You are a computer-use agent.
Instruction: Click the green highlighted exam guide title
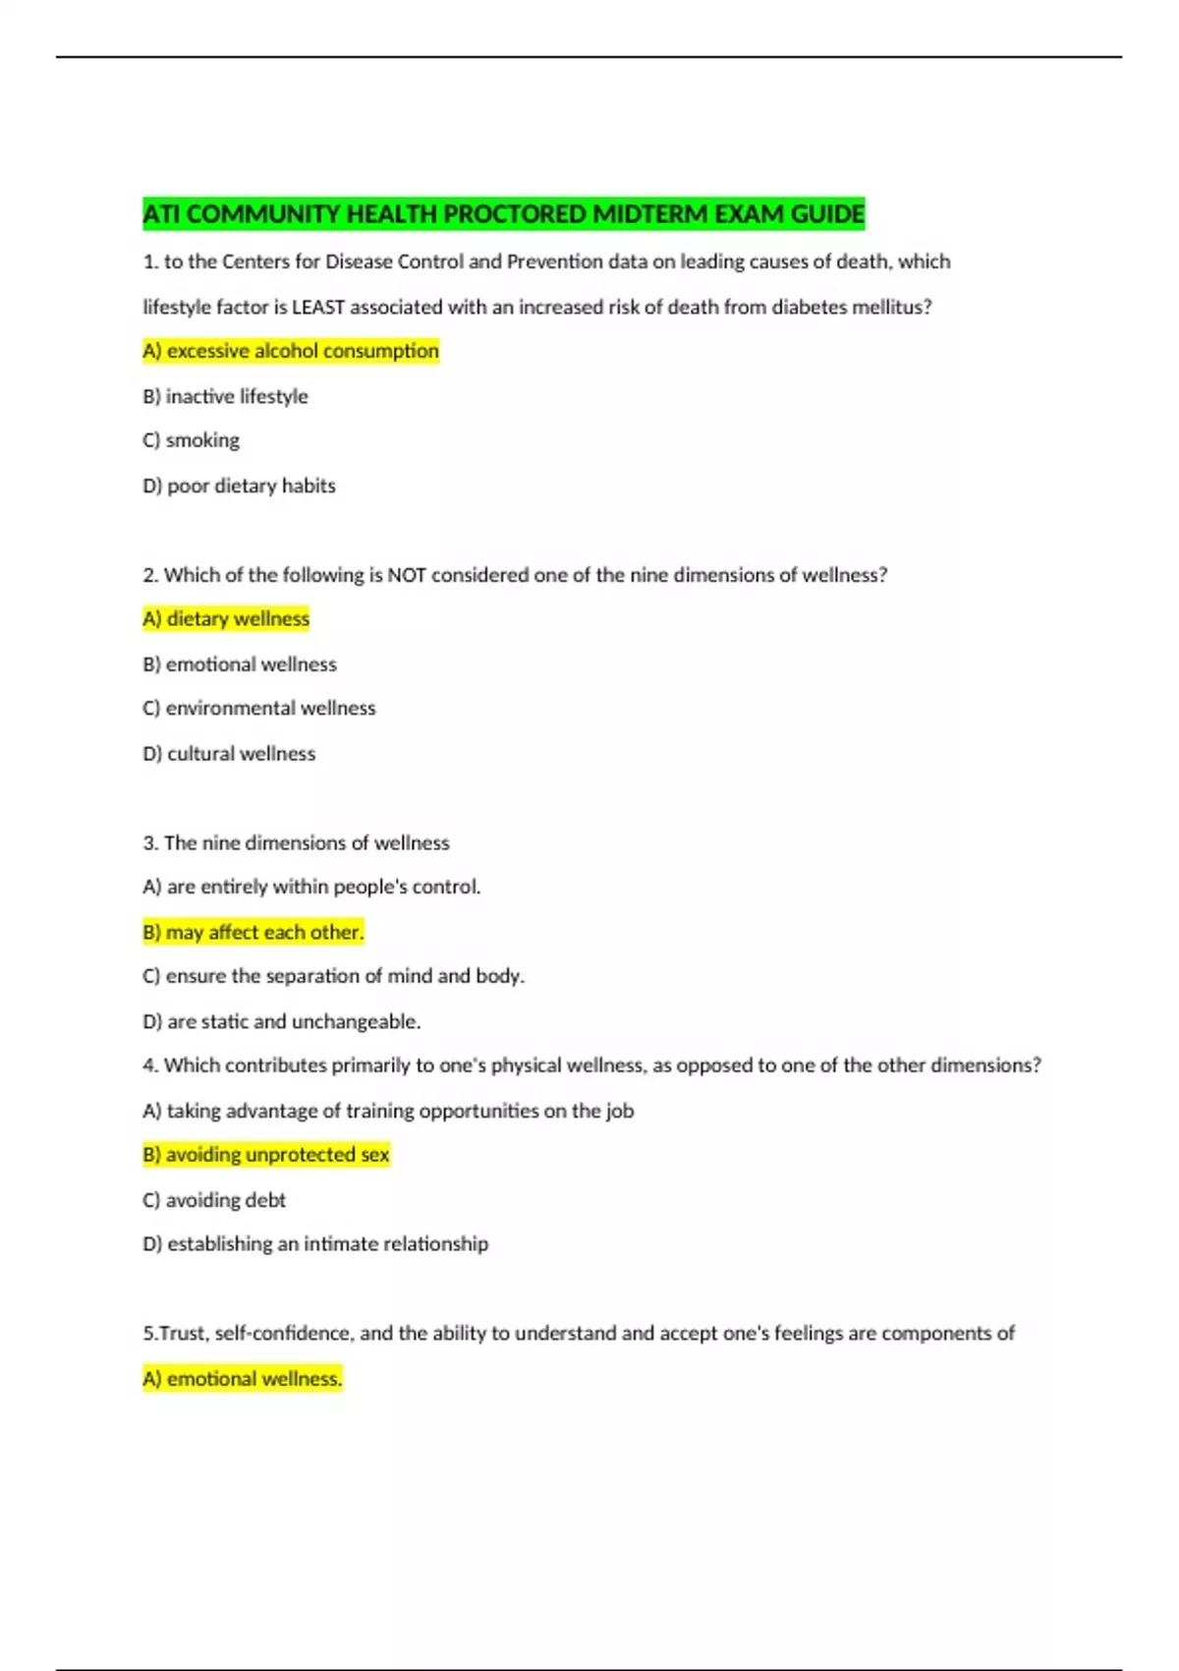click(503, 213)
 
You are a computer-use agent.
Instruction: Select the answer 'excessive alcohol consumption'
click(291, 351)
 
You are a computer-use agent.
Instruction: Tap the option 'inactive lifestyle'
click(225, 396)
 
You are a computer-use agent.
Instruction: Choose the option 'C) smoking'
click(192, 440)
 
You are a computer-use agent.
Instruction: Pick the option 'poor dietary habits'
click(239, 486)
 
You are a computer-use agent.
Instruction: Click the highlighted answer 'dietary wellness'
click(226, 618)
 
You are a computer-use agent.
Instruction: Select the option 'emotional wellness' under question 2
click(240, 664)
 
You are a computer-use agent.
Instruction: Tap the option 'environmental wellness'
click(259, 708)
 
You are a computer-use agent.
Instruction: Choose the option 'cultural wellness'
click(229, 754)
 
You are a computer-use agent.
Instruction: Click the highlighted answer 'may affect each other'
click(253, 932)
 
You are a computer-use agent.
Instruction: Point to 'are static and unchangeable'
click(282, 1021)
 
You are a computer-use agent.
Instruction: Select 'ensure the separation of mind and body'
click(334, 976)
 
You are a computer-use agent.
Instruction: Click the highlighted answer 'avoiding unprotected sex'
click(266, 1154)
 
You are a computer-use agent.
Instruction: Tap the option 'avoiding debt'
click(214, 1200)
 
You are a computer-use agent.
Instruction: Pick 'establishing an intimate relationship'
click(315, 1243)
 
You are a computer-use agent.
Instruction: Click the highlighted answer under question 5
click(243, 1378)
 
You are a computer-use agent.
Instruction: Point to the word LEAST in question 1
click(318, 307)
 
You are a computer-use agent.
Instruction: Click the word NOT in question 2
click(407, 575)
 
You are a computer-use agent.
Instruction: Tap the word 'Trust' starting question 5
click(182, 1334)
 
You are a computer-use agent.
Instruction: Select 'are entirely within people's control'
click(311, 887)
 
